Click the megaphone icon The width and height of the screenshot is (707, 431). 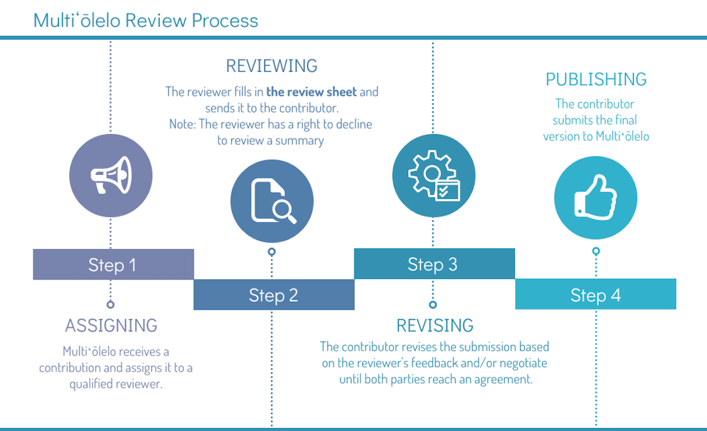pyautogui.click(x=111, y=176)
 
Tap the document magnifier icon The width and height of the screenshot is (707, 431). pyautogui.click(x=273, y=201)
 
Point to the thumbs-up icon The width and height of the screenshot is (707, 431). pyautogui.click(x=595, y=198)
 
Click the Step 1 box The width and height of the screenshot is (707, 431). pyautogui.click(x=113, y=265)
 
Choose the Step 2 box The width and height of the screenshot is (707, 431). pyautogui.click(x=274, y=295)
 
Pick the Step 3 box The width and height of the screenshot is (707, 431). pyautogui.click(x=434, y=264)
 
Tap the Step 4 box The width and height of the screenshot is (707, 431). pyautogui.click(x=595, y=295)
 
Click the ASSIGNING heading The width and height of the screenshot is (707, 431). pyautogui.click(x=111, y=326)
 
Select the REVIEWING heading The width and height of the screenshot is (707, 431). pyautogui.click(x=272, y=65)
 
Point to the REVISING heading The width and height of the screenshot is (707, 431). pyautogui.click(x=434, y=326)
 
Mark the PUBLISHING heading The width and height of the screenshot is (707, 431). pyautogui.click(x=596, y=79)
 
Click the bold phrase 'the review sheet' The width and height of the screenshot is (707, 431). pyautogui.click(x=311, y=92)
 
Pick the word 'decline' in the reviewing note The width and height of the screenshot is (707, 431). pyautogui.click(x=353, y=125)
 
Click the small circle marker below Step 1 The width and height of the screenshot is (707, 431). pyautogui.click(x=111, y=304)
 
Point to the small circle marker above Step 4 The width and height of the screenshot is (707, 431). pyautogui.click(x=596, y=251)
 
